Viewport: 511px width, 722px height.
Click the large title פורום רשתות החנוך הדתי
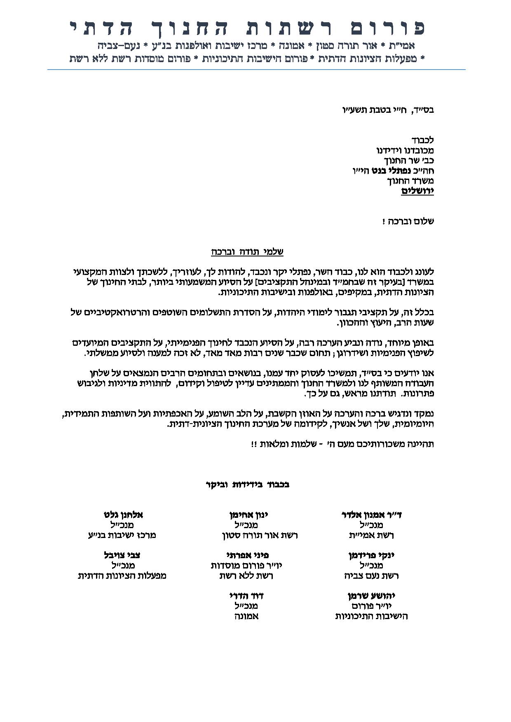tap(247, 28)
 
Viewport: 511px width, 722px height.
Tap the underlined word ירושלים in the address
tap(417, 191)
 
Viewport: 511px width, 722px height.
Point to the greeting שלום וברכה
tap(408, 221)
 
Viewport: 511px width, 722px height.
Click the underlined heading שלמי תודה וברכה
tap(250, 252)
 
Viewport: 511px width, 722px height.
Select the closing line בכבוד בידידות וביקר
tap(247, 484)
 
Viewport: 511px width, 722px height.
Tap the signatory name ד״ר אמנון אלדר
tap(372, 515)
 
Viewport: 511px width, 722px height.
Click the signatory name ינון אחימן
tap(249, 515)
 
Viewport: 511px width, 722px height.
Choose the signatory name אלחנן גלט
tap(123, 515)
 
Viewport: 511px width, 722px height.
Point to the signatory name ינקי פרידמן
tap(371, 555)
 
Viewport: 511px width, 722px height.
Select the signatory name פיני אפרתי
tap(247, 555)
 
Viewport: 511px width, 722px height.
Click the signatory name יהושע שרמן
tap(371, 596)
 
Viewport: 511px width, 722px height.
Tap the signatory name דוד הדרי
tap(246, 596)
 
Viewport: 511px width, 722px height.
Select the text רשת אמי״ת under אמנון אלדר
tap(371, 536)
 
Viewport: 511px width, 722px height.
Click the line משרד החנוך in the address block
tap(410, 181)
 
